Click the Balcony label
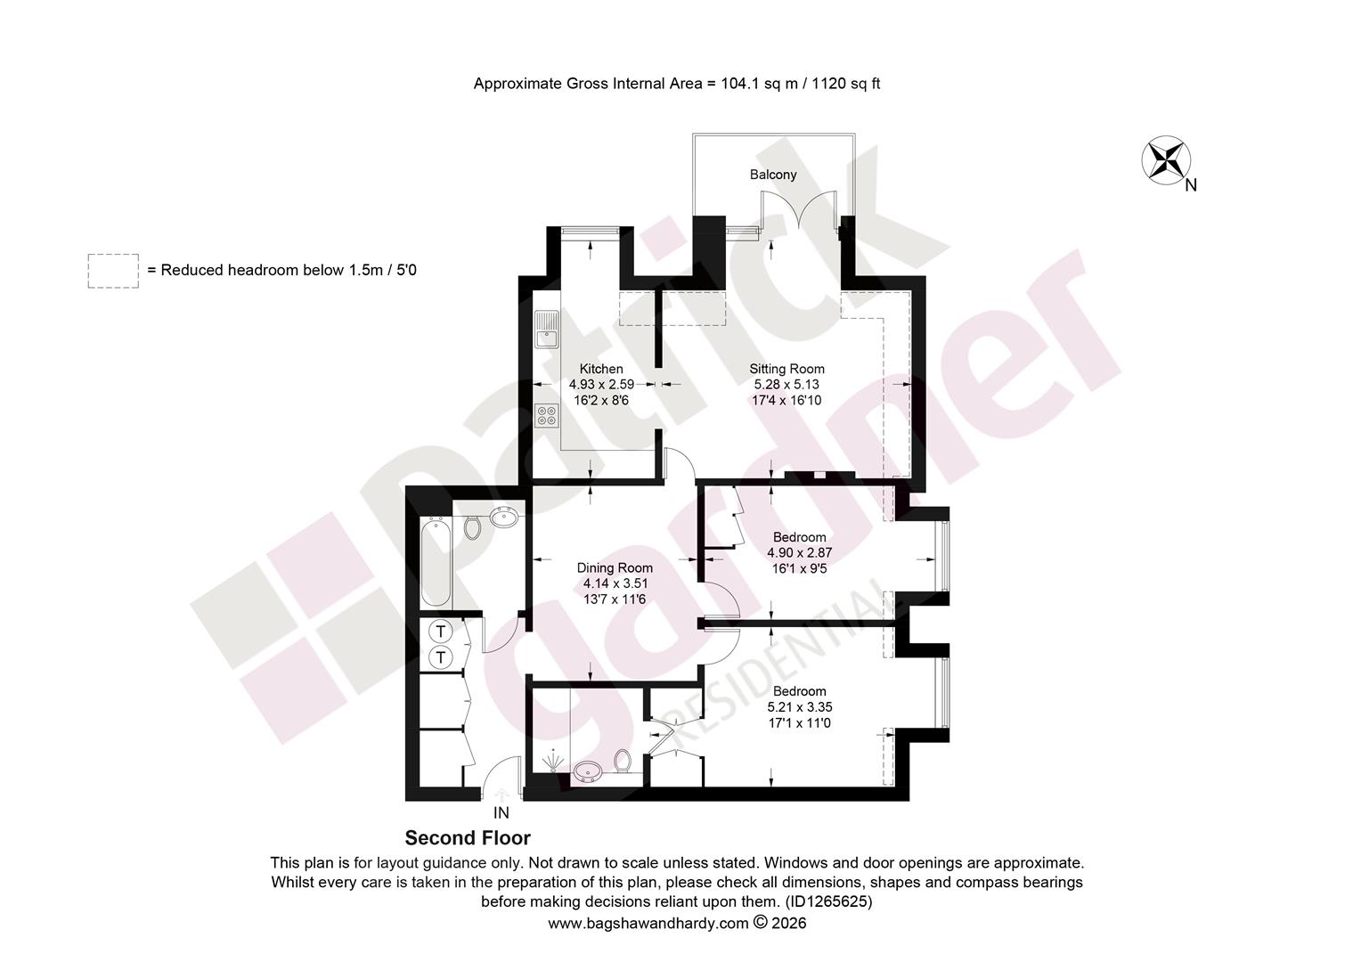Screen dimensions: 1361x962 [x=773, y=175]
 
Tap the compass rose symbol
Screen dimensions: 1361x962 [x=1165, y=160]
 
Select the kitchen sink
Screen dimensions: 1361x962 [x=547, y=330]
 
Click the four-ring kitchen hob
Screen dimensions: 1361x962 [x=547, y=415]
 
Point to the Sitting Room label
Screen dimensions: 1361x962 [x=786, y=369]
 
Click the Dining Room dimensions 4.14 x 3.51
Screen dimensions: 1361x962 [x=615, y=583]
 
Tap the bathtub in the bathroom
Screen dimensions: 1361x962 [x=436, y=562]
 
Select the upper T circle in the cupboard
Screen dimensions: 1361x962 [x=441, y=632]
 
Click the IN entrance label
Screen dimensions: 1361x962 [x=501, y=812]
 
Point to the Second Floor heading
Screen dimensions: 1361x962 [x=468, y=838]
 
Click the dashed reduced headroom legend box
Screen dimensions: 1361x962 [x=113, y=271]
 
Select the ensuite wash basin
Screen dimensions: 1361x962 [x=588, y=771]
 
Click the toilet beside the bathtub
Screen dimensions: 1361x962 [x=472, y=527]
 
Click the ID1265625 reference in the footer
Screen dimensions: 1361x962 [x=828, y=901]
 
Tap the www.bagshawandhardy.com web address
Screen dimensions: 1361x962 [x=648, y=923]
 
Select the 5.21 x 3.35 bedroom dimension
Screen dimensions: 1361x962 [x=800, y=707]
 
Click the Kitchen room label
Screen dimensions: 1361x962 [x=601, y=369]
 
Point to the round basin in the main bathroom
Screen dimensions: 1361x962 [x=504, y=518]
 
